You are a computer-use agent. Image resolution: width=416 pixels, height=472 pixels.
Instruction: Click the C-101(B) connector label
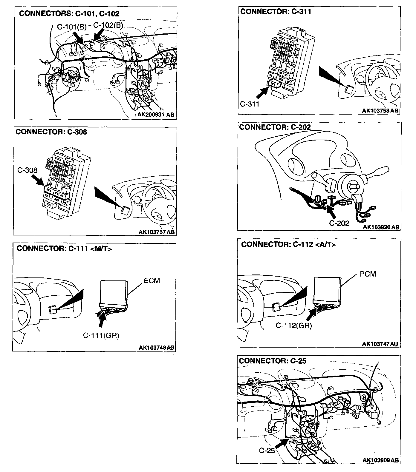pos(71,27)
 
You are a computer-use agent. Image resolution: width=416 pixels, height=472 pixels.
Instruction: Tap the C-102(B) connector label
pos(108,25)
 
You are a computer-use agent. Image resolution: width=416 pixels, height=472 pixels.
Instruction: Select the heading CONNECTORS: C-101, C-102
pos(69,14)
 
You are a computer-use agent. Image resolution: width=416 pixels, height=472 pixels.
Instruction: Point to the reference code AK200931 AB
pos(155,115)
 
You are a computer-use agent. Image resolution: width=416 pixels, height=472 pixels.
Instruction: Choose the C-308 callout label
pos(27,170)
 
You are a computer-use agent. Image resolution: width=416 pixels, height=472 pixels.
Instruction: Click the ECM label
pos(152,280)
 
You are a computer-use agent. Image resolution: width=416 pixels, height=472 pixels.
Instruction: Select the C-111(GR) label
pos(101,336)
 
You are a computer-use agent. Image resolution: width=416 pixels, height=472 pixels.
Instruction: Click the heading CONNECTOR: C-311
pos(276,12)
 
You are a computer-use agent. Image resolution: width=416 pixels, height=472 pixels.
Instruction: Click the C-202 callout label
pos(339,223)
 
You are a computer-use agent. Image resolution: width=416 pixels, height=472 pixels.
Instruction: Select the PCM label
pos(368,274)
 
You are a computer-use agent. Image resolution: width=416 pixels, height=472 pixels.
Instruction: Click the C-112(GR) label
pos(293,326)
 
